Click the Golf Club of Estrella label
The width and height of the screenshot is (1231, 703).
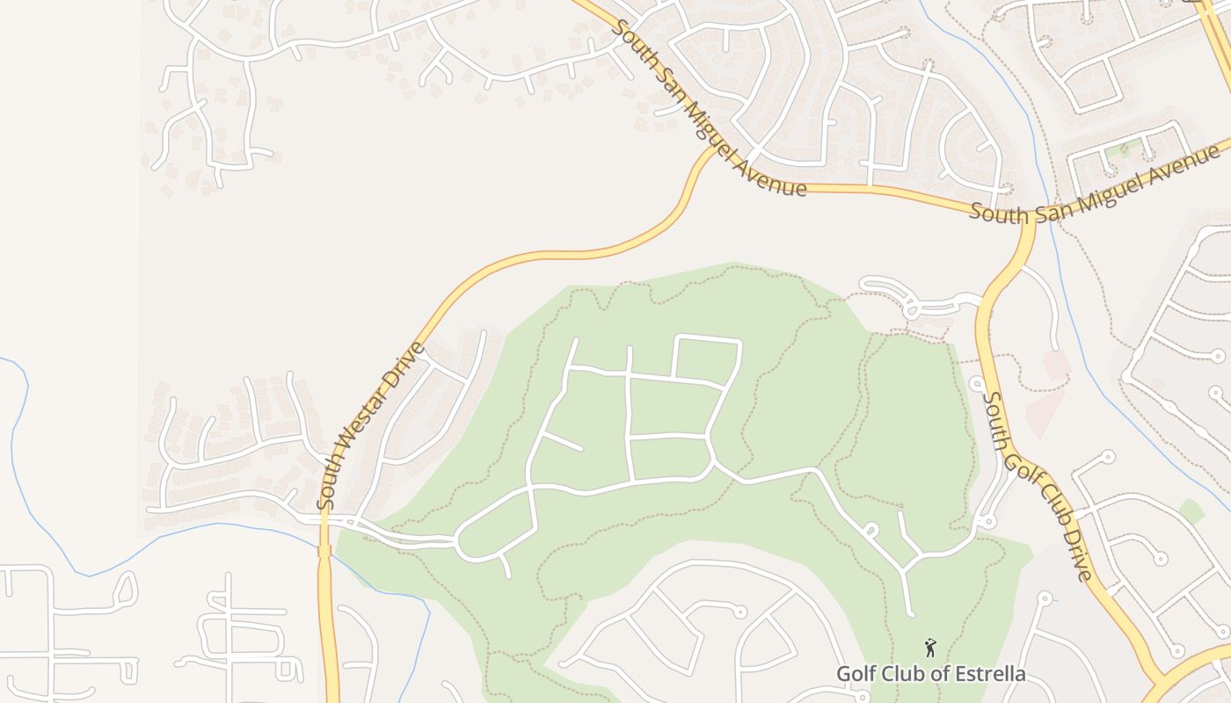(930, 674)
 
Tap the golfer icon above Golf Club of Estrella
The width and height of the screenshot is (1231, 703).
(930, 649)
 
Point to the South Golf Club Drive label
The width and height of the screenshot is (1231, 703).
(1038, 486)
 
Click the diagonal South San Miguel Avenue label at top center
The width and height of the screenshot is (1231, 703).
(708, 108)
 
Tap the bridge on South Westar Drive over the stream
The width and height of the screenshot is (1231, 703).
(324, 550)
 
